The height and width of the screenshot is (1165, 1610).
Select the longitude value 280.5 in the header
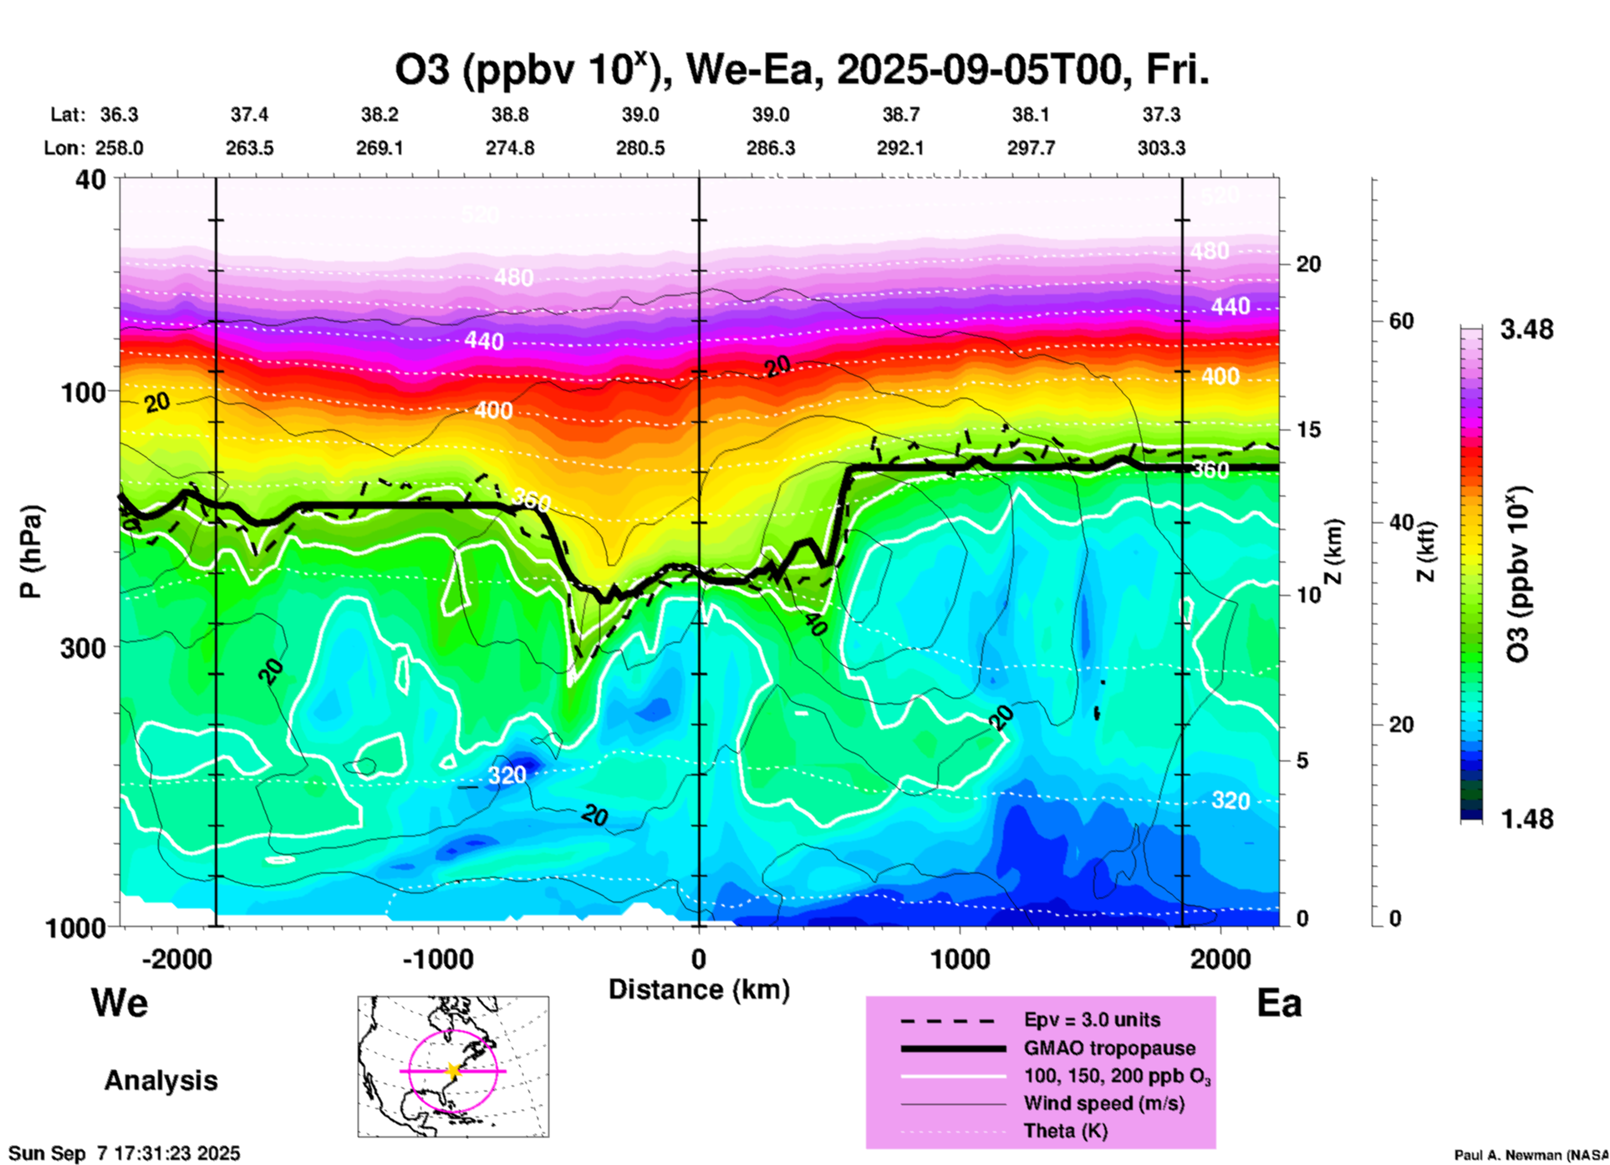tap(640, 148)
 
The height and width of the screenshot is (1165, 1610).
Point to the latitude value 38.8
tap(509, 114)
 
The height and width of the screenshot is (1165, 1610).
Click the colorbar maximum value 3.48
tap(1526, 330)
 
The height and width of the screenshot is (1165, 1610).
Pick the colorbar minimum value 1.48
tap(1526, 819)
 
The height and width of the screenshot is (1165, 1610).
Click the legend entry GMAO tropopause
tap(1109, 1048)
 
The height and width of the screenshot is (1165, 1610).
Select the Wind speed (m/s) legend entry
tap(1103, 1103)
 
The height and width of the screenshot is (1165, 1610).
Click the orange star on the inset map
tap(453, 1071)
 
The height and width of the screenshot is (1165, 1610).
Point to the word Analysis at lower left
tap(160, 1081)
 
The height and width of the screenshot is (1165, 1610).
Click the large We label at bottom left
tap(120, 1002)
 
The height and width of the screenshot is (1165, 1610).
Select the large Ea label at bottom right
tap(1279, 1003)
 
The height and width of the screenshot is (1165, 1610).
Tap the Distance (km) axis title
tap(699, 989)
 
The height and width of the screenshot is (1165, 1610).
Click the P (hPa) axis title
tap(30, 551)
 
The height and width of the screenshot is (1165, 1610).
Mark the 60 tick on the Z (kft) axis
tap(1400, 321)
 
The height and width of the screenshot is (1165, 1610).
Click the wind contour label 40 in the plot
tap(813, 623)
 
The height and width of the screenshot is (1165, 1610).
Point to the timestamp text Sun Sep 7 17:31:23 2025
tap(124, 1153)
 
